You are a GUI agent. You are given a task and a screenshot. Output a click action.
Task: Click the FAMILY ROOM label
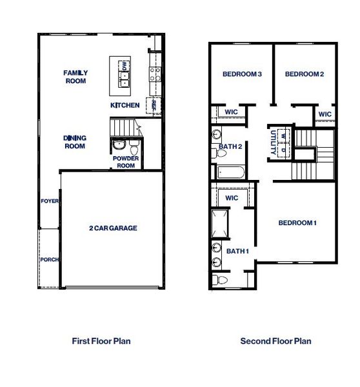coord(75,77)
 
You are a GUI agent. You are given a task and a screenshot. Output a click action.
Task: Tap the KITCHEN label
coord(125,105)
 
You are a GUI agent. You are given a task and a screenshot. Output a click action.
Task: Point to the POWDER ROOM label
coord(126,162)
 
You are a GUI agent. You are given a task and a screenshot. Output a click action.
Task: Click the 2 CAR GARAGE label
coord(113,228)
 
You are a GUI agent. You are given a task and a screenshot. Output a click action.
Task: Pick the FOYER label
coord(50,201)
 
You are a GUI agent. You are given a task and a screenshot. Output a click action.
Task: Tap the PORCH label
coord(50,260)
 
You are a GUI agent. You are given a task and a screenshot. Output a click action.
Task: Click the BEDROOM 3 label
coord(241,74)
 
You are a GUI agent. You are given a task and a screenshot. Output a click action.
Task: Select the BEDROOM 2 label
coord(304,74)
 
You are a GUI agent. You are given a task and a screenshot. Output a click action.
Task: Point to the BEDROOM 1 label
coord(297,223)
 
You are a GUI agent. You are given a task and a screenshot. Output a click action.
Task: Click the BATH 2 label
coord(230,146)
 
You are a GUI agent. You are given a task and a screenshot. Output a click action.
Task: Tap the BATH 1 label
coord(237,250)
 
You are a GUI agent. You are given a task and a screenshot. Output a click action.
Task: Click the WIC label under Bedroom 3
coord(232,112)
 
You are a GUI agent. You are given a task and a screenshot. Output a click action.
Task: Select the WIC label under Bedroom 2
coord(325,114)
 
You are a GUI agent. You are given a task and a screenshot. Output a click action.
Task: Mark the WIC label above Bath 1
coord(232,197)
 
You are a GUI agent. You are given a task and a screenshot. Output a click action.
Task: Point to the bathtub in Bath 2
coord(230,172)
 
